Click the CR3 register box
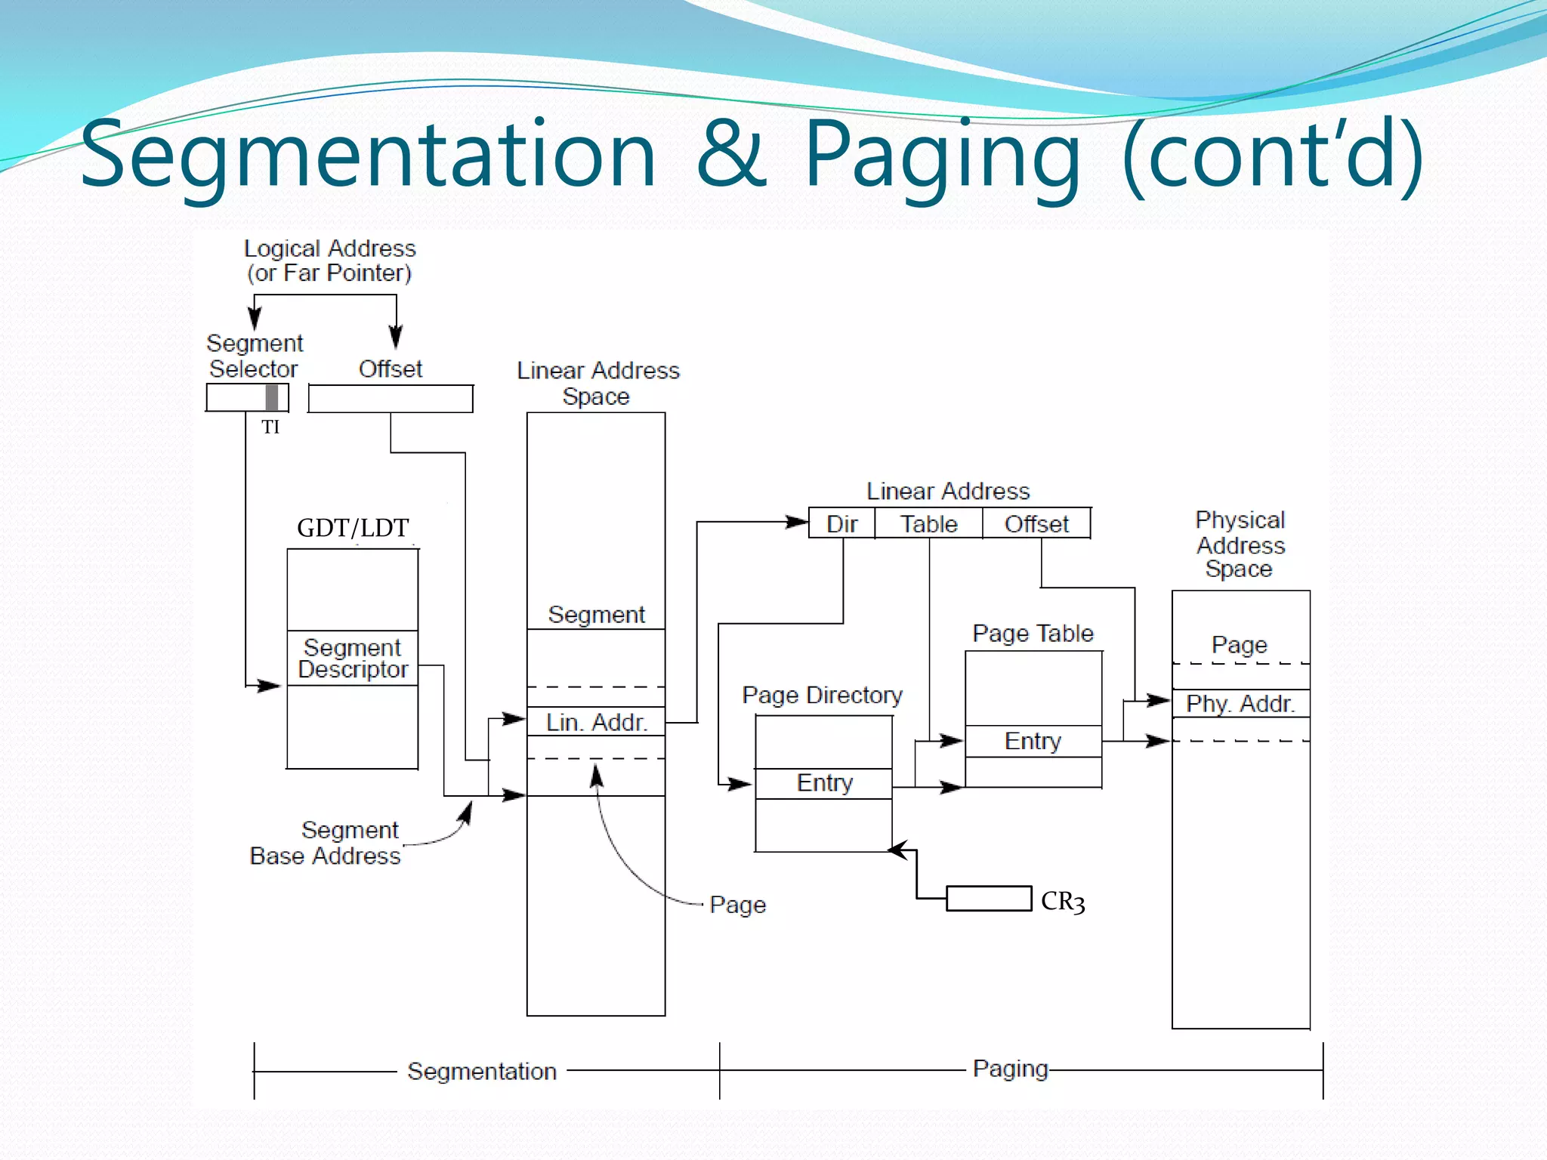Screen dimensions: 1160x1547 pyautogui.click(x=988, y=899)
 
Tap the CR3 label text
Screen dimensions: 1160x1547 pyautogui.click(x=1063, y=902)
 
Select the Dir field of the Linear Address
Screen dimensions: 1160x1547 pyautogui.click(x=841, y=523)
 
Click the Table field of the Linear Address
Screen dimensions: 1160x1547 pyautogui.click(x=928, y=523)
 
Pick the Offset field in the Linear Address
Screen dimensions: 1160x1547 pyautogui.click(x=1036, y=523)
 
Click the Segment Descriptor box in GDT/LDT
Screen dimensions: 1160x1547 pyautogui.click(x=353, y=658)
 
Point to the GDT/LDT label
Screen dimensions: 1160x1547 pyautogui.click(x=353, y=528)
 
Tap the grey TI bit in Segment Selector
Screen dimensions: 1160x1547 pyautogui.click(x=272, y=398)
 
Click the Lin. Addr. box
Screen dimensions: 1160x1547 pyautogui.click(x=596, y=722)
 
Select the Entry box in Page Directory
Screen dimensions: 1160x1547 pyautogui.click(x=824, y=783)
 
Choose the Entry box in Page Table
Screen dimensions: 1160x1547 pyautogui.click(x=1033, y=741)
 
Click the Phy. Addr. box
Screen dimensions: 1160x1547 pyautogui.click(x=1240, y=704)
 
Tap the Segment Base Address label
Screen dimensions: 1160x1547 pyautogui.click(x=326, y=843)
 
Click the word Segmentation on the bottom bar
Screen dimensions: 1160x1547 pyautogui.click(x=482, y=1071)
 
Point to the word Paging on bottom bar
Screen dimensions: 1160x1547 pyautogui.click(x=1010, y=1069)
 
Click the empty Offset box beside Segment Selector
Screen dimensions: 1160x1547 pyautogui.click(x=391, y=399)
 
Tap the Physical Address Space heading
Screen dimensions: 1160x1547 pyautogui.click(x=1240, y=545)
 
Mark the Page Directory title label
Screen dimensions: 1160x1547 pyautogui.click(x=822, y=695)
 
